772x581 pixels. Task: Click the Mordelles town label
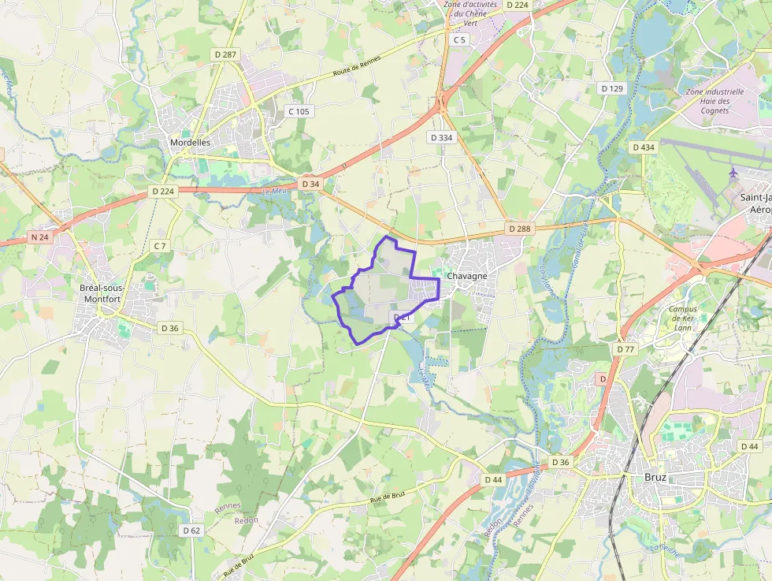coord(190,143)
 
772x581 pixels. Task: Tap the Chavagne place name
coord(466,277)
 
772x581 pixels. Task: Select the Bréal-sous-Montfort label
coord(100,293)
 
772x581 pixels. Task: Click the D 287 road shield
coord(225,54)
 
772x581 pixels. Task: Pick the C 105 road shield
coord(299,111)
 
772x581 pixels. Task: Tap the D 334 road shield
coord(441,137)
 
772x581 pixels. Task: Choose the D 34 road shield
coord(310,184)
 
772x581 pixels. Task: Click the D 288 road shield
coord(520,229)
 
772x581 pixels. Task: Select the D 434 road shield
coord(643,147)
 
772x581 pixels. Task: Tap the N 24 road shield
coord(40,236)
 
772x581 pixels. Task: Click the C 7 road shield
coord(160,246)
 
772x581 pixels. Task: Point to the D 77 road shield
coord(625,348)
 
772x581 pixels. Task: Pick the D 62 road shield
coord(191,531)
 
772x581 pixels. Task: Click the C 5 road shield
coord(459,39)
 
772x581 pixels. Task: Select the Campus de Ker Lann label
coord(682,318)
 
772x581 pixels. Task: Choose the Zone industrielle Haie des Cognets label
coord(714,101)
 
